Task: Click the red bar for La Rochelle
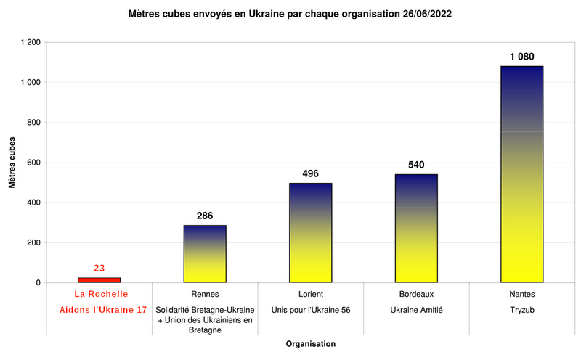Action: pos(99,279)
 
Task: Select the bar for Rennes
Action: pos(205,254)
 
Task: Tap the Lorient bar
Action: pos(311,233)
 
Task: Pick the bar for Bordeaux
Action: pos(416,229)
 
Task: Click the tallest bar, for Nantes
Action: pos(521,174)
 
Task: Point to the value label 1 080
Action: pos(521,56)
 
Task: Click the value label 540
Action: pos(416,165)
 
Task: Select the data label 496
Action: pos(311,173)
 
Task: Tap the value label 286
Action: pos(205,216)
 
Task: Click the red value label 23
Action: pos(99,268)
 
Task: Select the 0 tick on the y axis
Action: pos(38,283)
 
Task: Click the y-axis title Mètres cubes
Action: pos(12,163)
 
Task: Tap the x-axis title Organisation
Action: pos(310,343)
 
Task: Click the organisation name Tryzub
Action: pos(521,310)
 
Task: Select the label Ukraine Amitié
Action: pos(416,310)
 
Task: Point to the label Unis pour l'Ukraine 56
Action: pos(311,310)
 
